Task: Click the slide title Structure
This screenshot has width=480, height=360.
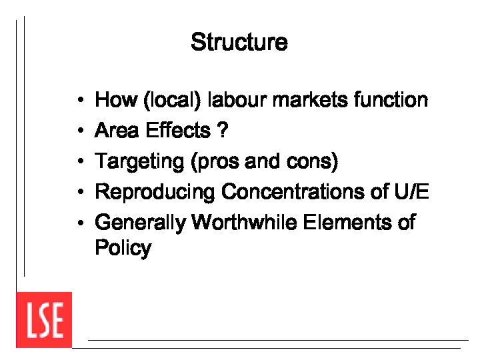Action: tap(239, 42)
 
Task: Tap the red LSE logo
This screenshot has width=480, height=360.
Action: tap(44, 320)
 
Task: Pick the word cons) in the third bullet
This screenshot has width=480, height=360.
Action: tap(316, 161)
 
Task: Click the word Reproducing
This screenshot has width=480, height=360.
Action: tap(155, 192)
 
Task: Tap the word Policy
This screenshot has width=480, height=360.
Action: tap(123, 248)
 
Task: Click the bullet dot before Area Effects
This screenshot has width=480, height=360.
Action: tap(79, 131)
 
